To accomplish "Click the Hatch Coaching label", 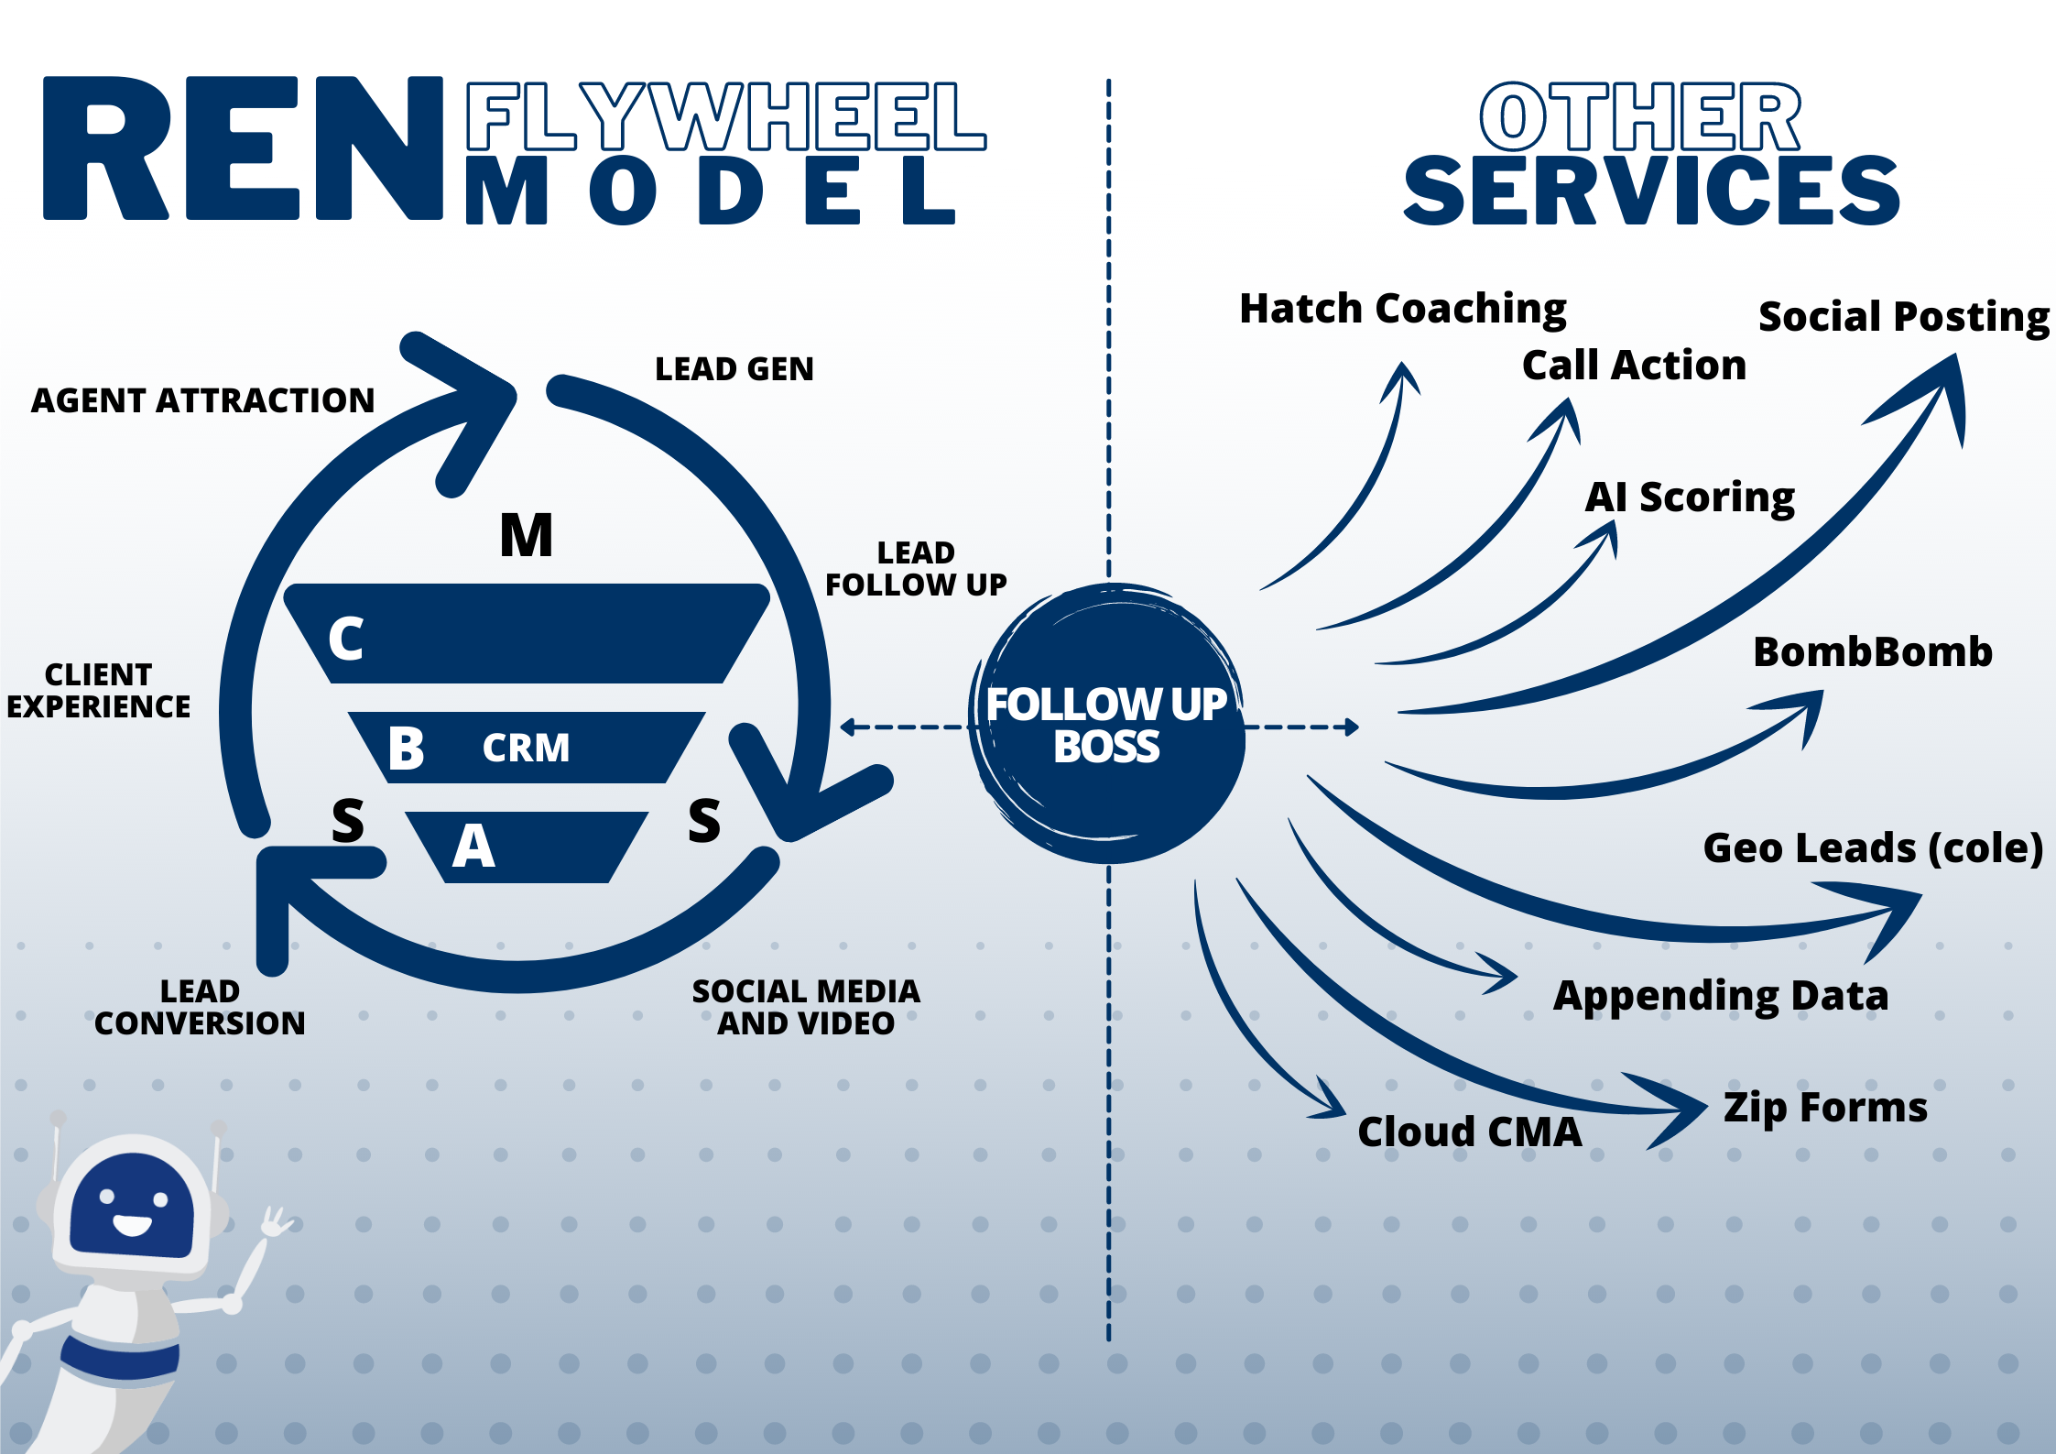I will (x=1402, y=309).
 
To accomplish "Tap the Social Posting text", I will (x=1903, y=317).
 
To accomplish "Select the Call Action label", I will (x=1634, y=365).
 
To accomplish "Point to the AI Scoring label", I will (x=1690, y=497).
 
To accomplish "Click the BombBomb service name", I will (x=1873, y=652).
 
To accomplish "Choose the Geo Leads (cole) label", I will (x=1873, y=848).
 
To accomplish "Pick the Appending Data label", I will (x=1721, y=996).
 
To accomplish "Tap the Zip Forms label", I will (x=1825, y=1108).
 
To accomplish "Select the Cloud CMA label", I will (x=1470, y=1132).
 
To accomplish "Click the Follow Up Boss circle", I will (x=1106, y=724).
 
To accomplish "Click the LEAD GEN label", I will (x=734, y=369).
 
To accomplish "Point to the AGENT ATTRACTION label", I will (x=202, y=400).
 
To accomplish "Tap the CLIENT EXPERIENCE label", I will (x=98, y=691).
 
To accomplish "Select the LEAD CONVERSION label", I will (x=200, y=1007).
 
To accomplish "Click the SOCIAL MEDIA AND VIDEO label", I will (x=806, y=1007).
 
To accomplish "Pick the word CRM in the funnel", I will (x=526, y=748).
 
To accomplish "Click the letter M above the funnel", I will (x=526, y=535).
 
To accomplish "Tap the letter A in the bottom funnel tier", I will (x=473, y=846).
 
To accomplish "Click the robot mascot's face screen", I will (x=132, y=1205).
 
